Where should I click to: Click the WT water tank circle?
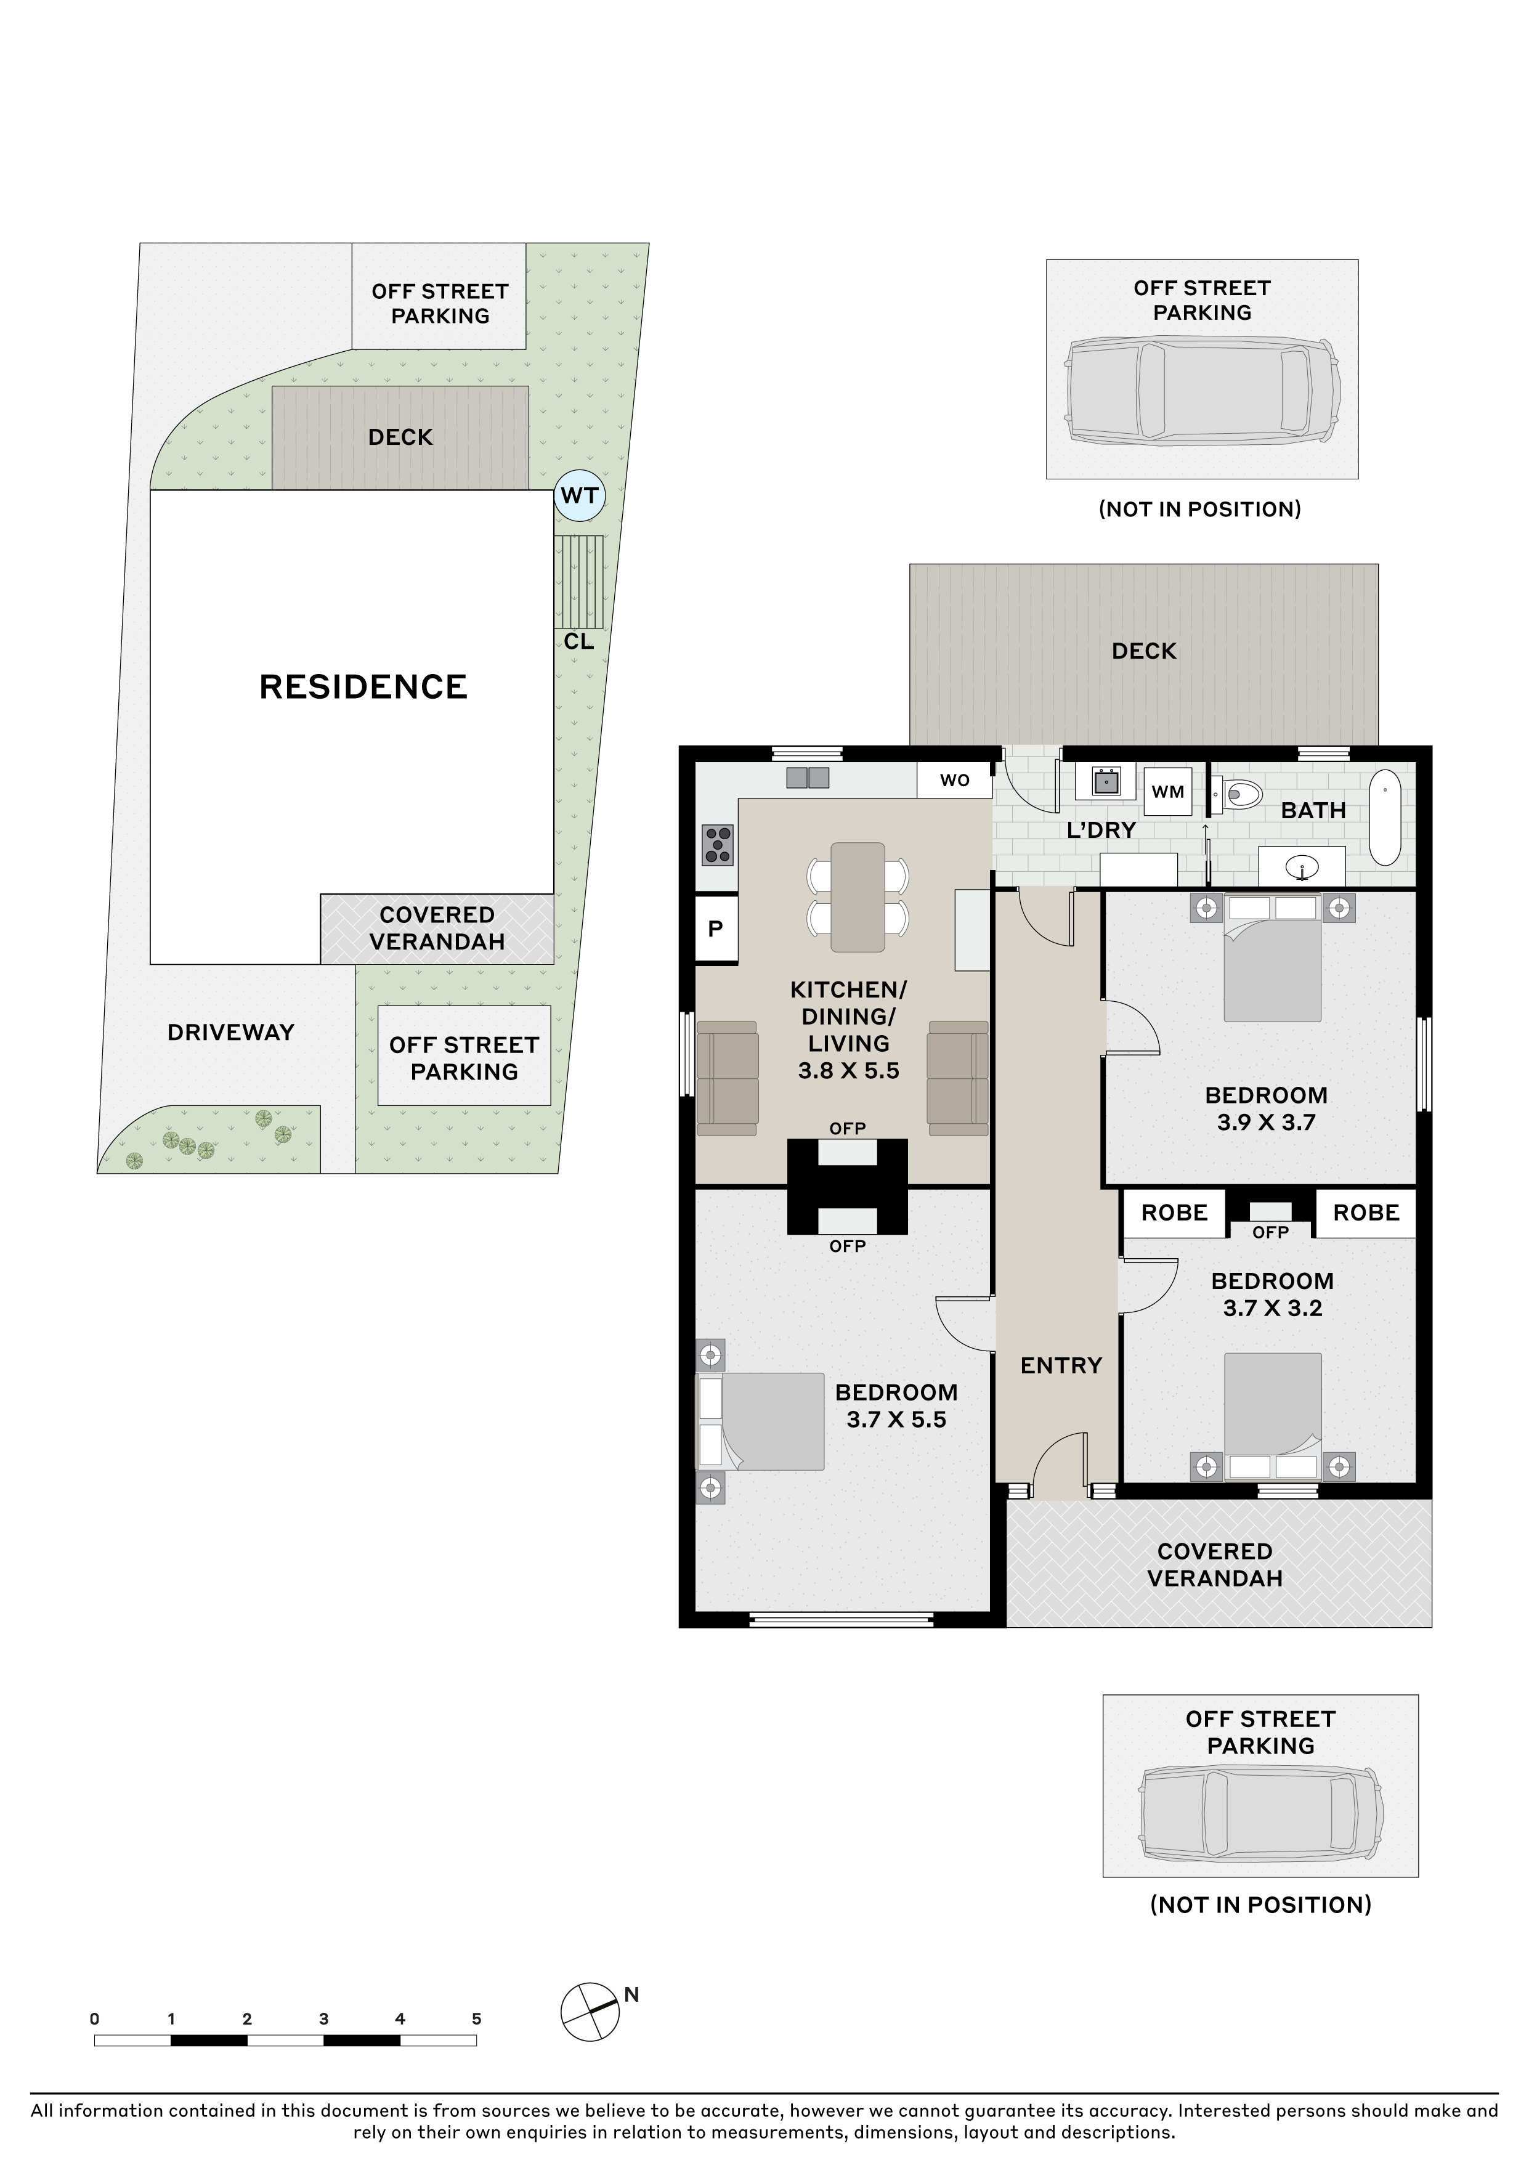[x=578, y=495]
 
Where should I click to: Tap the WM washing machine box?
[x=1167, y=792]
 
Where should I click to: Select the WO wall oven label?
[x=955, y=781]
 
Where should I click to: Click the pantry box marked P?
[x=716, y=929]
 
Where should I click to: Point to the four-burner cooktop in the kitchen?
[x=718, y=845]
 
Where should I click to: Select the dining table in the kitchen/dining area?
[x=858, y=897]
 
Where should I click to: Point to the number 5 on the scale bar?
[x=476, y=2019]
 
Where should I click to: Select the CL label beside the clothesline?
[x=579, y=641]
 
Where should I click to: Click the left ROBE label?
[x=1174, y=1213]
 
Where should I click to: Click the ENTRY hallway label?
[x=1061, y=1365]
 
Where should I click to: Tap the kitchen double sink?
[x=808, y=778]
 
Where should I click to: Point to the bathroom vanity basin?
[x=1302, y=866]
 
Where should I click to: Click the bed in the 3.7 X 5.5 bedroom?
[x=760, y=1421]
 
